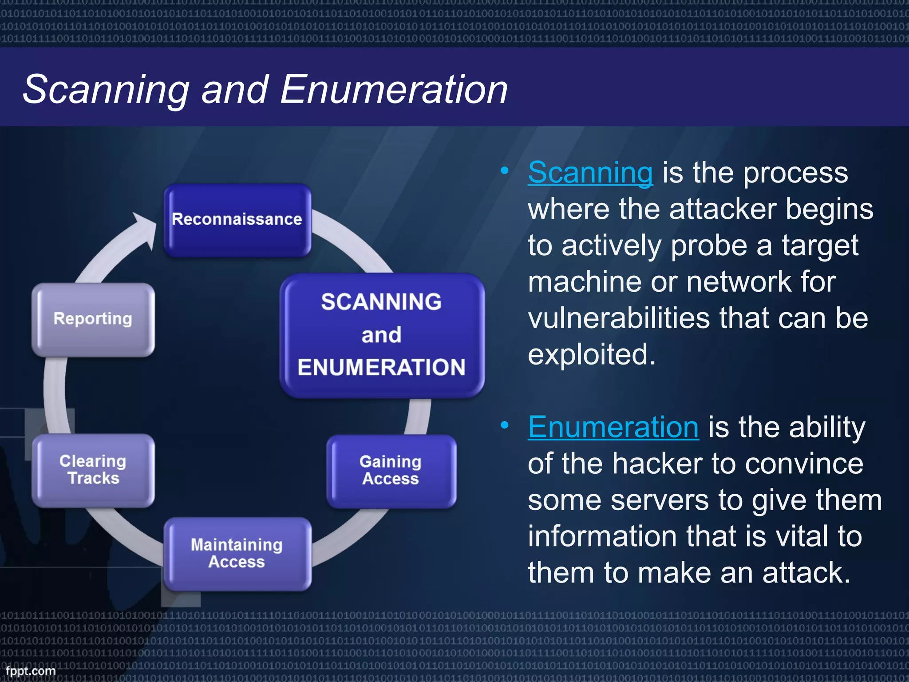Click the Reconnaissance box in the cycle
coord(237,219)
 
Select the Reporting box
coord(93,319)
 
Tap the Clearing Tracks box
coord(93,470)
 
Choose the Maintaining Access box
coord(237,553)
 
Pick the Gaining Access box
coord(391,470)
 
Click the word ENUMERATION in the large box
coord(382,368)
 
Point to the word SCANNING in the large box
coord(382,302)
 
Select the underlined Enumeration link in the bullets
coord(613,427)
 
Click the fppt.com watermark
coord(31,670)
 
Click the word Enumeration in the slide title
coord(394,90)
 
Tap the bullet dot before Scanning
coord(504,170)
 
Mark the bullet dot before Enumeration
coord(504,425)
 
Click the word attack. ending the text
coord(806,573)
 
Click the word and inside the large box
coord(382,335)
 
